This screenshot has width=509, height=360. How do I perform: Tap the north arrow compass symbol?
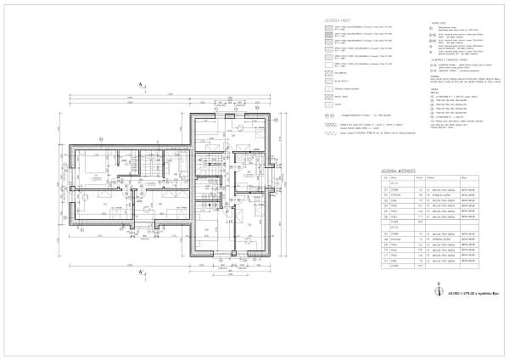(439, 288)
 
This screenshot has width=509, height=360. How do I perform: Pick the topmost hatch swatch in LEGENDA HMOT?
(332, 28)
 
